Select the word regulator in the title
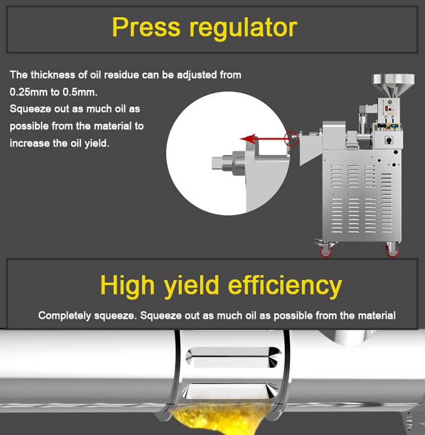pos(244,28)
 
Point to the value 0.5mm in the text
pos(80,92)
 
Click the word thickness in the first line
pos(53,75)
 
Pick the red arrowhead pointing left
pos(246,139)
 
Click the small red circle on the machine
pos(291,139)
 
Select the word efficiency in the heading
pos(284,286)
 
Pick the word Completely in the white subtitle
pos(64,315)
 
